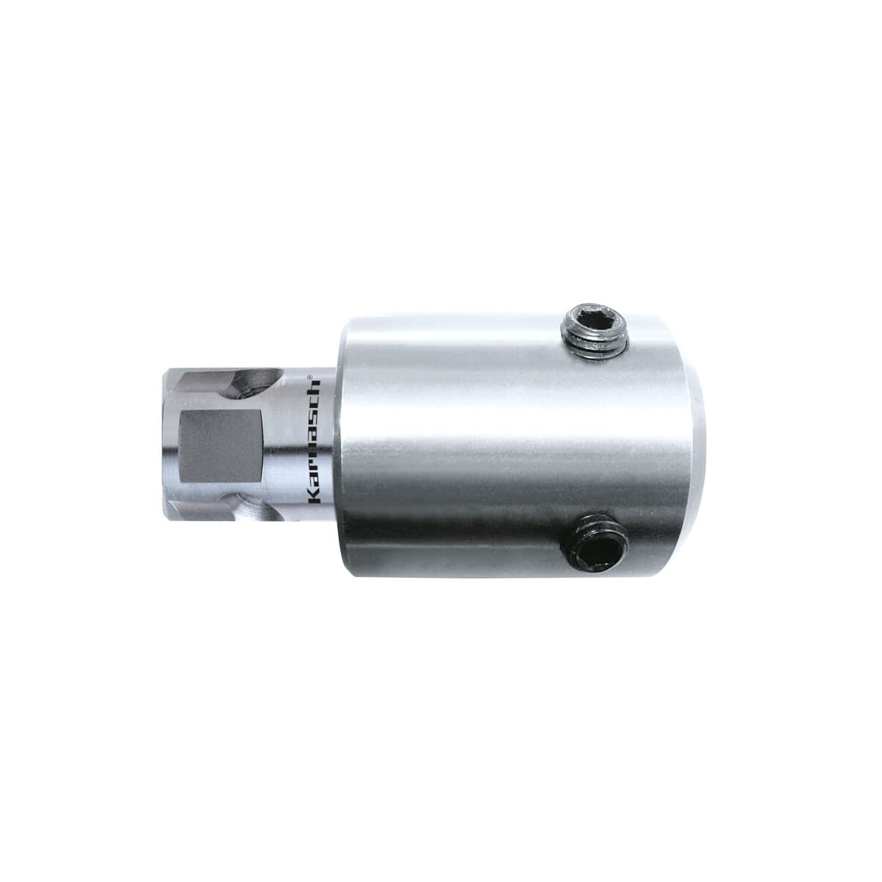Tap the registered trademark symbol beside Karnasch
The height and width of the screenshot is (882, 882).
pos(310,377)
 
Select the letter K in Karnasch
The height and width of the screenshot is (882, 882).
pos(315,498)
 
